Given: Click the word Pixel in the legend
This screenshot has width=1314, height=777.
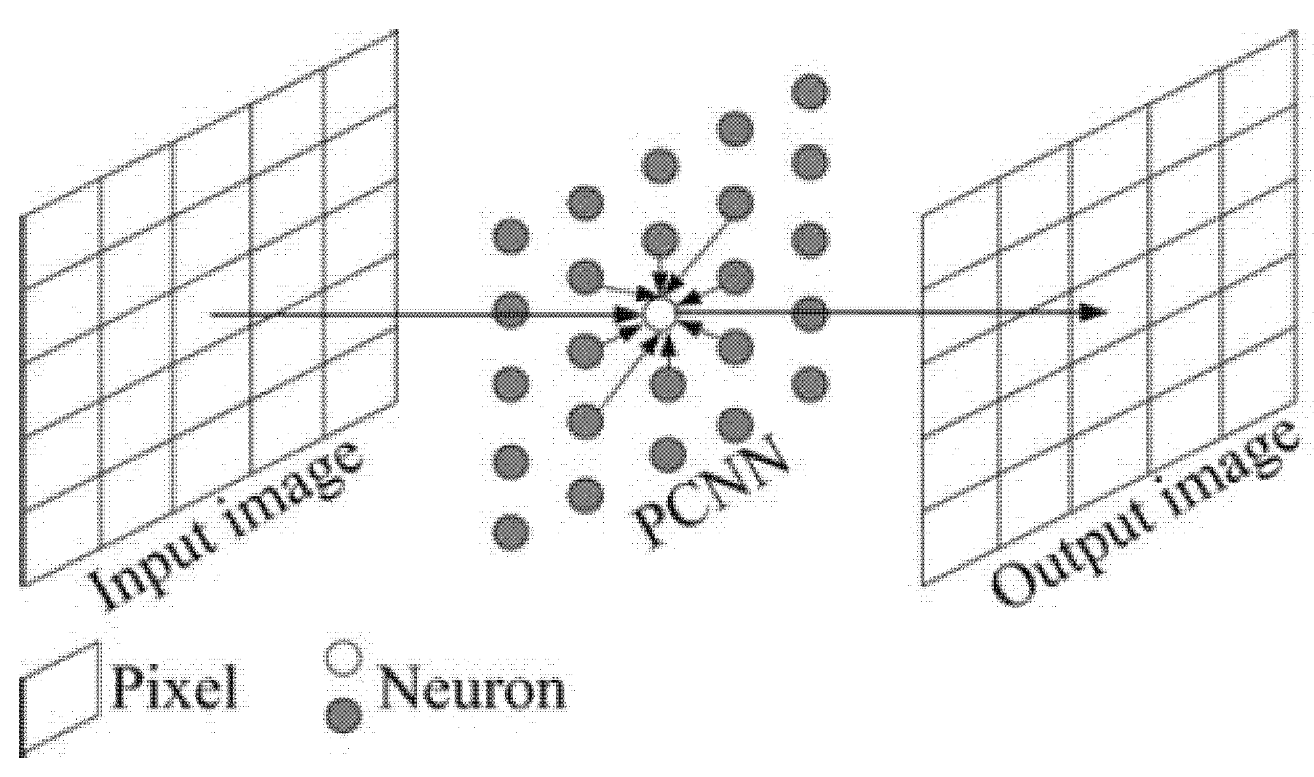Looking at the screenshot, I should pos(175,687).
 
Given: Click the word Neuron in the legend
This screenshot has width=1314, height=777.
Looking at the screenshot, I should pos(472,689).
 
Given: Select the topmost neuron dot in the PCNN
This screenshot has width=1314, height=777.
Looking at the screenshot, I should pos(809,91).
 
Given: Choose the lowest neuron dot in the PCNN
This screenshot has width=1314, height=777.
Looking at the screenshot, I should pos(510,531).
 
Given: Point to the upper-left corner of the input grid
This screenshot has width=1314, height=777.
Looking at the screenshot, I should pos(22,215).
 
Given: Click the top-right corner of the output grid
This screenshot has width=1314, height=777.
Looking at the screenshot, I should pos(1296,31).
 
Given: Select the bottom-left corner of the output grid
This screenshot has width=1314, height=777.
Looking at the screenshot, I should pos(925,583).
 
